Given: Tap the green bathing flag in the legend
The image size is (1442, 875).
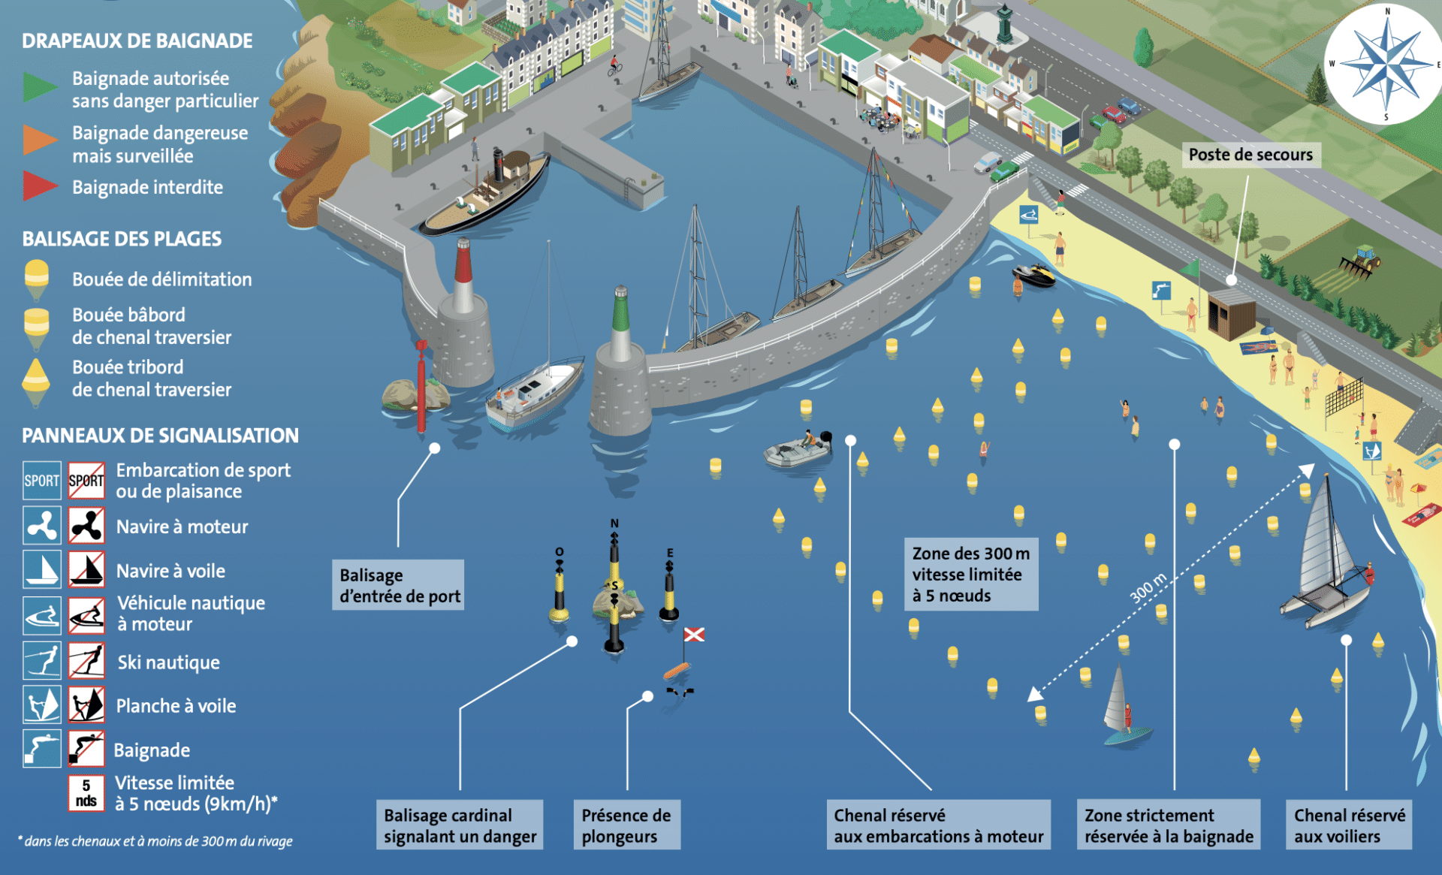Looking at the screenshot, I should pos(38,87).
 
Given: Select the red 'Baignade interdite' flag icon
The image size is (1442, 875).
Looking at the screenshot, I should pos(38,186).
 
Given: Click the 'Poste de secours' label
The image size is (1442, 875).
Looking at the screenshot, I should pos(1250,155).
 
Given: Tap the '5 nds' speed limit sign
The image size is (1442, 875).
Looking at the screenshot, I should pos(86,793).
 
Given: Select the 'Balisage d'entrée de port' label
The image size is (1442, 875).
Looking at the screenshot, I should pos(399,585).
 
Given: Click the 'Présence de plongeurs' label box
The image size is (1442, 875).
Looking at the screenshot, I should pos(626,825).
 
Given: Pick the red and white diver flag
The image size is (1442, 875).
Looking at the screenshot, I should pos(694,635).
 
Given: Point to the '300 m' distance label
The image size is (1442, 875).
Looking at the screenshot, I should pos(1148,587).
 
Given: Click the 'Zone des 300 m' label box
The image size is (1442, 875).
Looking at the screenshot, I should pos(970,575).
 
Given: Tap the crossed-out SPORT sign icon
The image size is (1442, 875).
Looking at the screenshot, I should pos(86,481).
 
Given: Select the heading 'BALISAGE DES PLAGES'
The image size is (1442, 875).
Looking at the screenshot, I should pos(122,239).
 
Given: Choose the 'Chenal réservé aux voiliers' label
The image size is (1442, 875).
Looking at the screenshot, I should pos(1349,825).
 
